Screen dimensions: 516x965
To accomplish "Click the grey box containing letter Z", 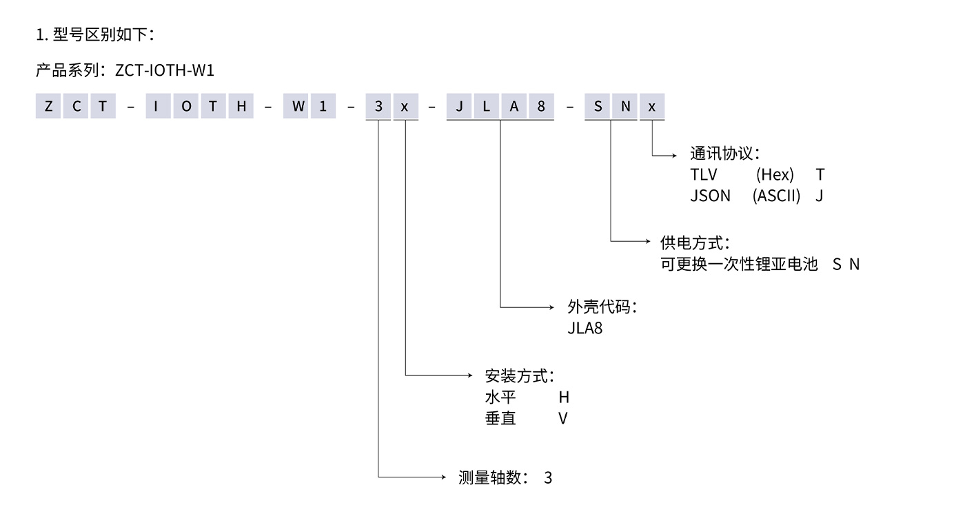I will point(48,107).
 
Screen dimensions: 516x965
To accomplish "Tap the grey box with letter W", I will point(296,107).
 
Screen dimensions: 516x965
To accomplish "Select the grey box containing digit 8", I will point(541,107).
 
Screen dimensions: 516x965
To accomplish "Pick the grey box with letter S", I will point(598,107).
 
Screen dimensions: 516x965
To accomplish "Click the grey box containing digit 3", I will point(378,107).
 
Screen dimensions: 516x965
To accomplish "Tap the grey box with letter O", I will point(186,107).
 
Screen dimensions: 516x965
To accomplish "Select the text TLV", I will point(704,175).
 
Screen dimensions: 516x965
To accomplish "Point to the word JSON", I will point(710,196).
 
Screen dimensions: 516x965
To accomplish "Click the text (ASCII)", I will point(777,196).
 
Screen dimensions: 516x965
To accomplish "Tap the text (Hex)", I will point(775,175).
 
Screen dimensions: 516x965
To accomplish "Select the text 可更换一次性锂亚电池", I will point(738,264).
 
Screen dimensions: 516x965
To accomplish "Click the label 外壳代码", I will point(598,307).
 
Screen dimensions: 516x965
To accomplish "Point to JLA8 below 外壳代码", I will point(585,328).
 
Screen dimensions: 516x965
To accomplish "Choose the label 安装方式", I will point(516,376).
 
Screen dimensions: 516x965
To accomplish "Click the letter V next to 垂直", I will point(563,418).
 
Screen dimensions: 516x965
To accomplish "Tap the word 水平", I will point(500,398).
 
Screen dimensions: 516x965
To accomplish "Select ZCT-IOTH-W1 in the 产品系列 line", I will point(165,70).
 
